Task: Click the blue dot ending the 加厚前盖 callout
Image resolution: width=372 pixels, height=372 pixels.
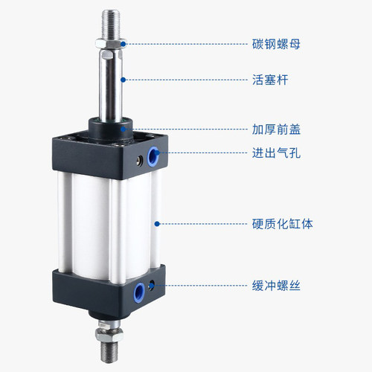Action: (124, 128)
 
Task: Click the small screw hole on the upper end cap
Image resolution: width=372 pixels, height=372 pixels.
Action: (138, 158)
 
